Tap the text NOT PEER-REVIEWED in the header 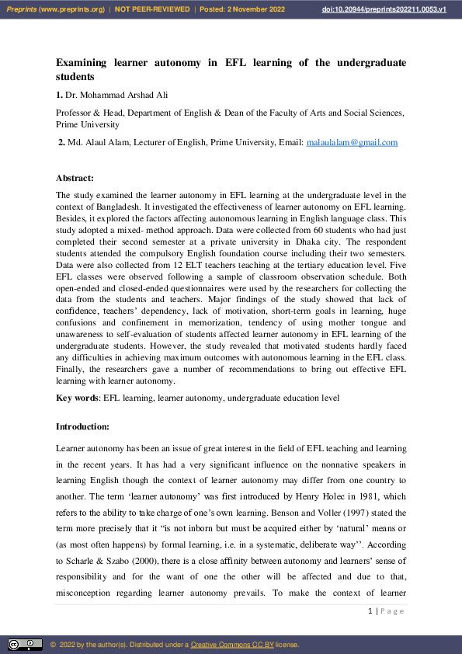(x=152, y=9)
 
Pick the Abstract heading (x=75, y=179)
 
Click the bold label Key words (x=77, y=398)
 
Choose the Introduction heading (x=83, y=427)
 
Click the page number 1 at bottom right (x=370, y=611)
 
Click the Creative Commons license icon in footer (x=25, y=645)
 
